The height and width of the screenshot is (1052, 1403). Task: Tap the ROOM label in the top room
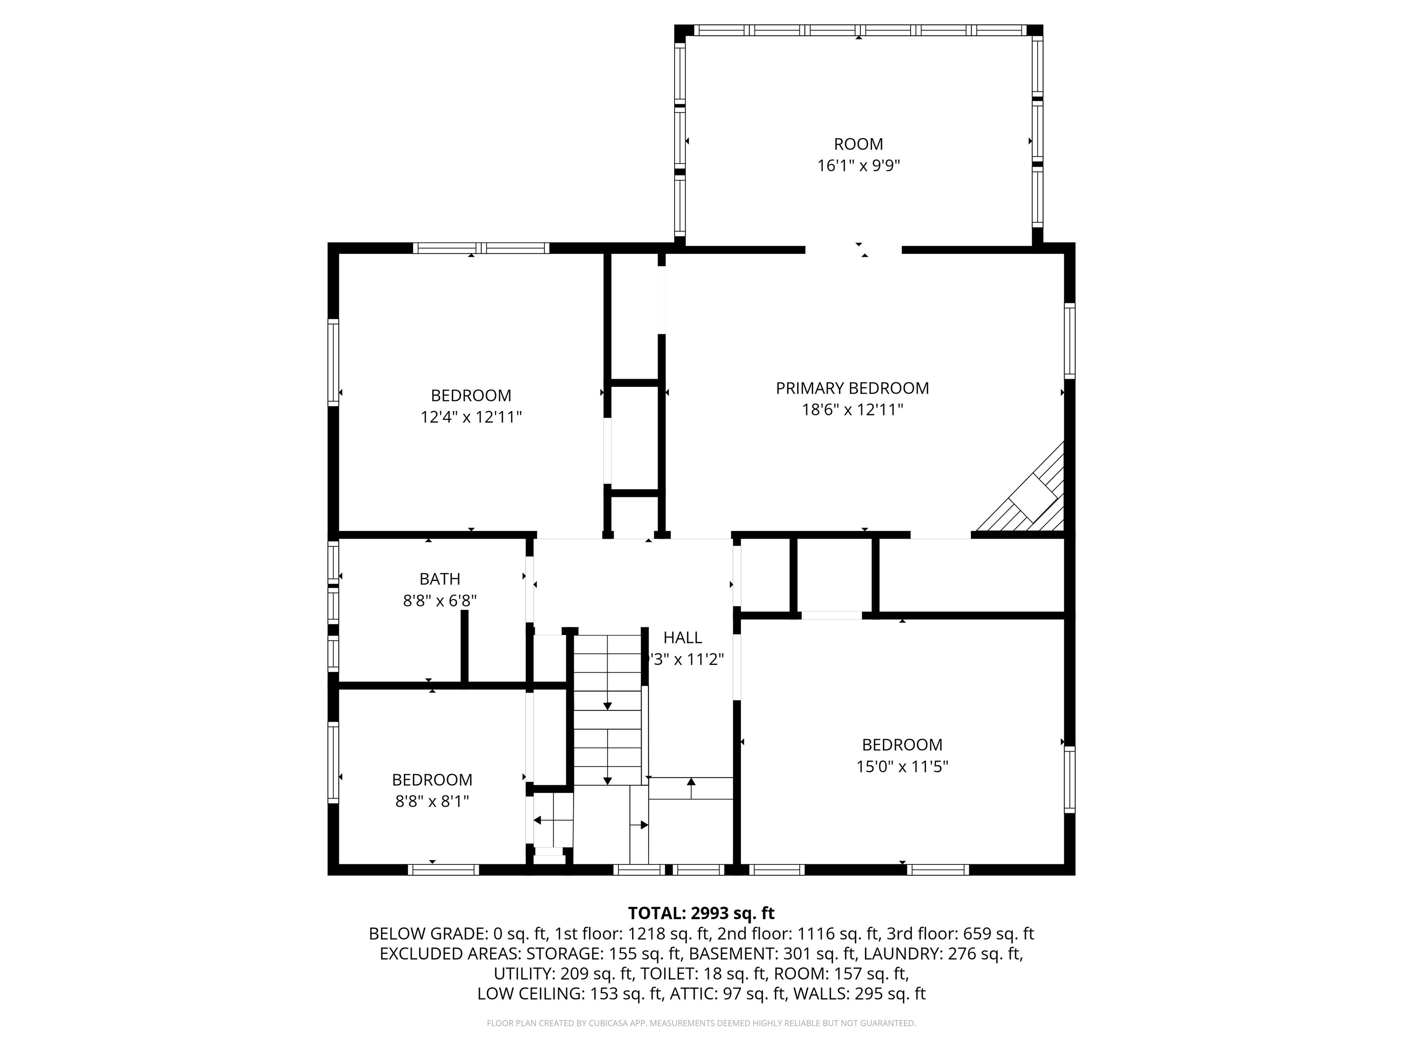(858, 144)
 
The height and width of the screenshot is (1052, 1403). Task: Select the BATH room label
(439, 579)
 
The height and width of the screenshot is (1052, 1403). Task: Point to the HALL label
(682, 637)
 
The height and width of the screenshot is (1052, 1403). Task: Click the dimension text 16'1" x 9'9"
(858, 165)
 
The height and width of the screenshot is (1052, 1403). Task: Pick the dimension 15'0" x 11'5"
(902, 767)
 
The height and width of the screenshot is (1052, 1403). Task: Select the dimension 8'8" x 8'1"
(432, 801)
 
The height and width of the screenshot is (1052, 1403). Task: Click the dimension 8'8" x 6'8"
(439, 600)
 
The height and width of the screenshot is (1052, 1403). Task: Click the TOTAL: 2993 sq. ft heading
(701, 913)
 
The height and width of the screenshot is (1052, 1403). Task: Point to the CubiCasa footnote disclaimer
(701, 1023)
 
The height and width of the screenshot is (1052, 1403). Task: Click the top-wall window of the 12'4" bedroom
(481, 248)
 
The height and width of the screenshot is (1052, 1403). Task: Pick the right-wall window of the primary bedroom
(1069, 341)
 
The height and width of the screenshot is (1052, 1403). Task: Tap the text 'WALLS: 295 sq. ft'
(858, 994)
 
